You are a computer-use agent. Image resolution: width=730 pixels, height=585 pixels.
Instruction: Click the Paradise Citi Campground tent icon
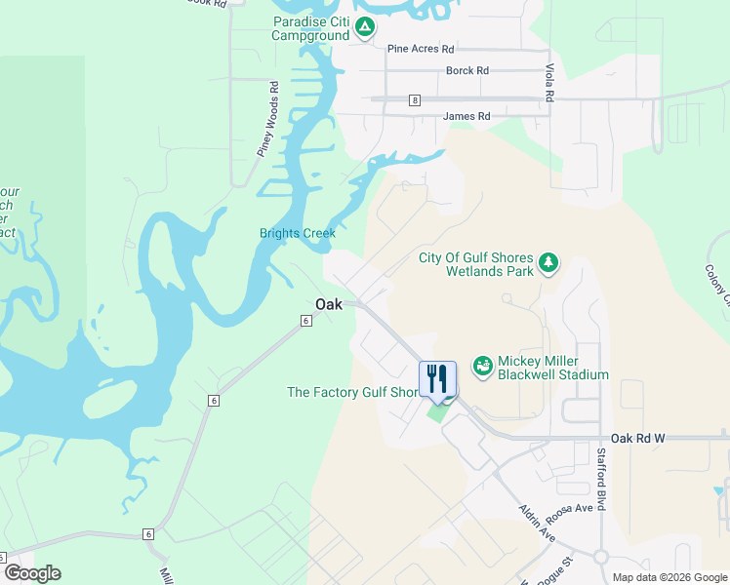coord(364,27)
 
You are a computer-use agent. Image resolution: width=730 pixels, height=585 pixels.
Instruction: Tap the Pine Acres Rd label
coord(421,48)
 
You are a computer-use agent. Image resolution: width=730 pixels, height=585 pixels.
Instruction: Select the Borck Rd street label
coord(466,71)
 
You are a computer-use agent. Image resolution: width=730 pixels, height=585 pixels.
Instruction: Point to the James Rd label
coord(466,116)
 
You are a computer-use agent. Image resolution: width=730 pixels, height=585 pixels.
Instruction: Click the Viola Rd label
coord(549,84)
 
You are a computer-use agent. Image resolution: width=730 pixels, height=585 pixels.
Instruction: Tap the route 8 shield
coord(415,99)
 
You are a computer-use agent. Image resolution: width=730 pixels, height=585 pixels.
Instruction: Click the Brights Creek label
coord(298,233)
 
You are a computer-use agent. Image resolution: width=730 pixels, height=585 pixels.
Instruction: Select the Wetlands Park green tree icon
coord(548,261)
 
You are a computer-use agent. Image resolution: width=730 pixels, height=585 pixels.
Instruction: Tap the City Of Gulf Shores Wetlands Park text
coord(476,264)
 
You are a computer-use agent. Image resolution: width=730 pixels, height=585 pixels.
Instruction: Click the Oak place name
coord(329,304)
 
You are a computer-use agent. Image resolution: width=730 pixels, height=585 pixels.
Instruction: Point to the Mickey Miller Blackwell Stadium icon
coord(481,366)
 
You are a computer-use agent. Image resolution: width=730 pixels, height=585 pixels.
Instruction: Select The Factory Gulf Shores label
coord(352,392)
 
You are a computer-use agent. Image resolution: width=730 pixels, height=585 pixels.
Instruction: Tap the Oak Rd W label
coord(637,439)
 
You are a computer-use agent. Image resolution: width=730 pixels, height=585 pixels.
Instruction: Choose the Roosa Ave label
coord(571,508)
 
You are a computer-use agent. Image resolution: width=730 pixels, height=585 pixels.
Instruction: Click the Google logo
coord(32,573)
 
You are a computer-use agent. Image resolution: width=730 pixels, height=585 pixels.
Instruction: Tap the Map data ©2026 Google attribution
coord(669,577)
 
